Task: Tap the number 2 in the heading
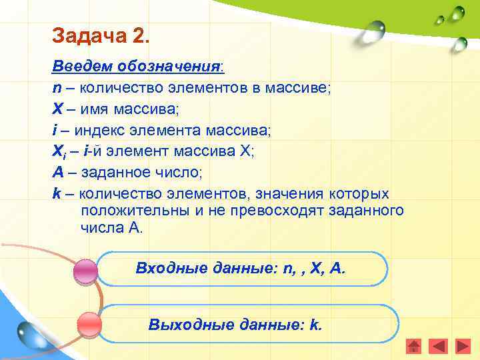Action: coord(143,35)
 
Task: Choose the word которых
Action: coord(358,193)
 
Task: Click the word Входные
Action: coord(164,268)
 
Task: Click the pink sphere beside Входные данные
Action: coord(85,272)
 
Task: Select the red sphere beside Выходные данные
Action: coord(89,325)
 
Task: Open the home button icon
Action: coord(414,347)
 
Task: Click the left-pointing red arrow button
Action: coord(438,347)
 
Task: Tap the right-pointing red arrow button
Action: coord(462,347)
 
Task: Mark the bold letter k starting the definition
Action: coord(57,193)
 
